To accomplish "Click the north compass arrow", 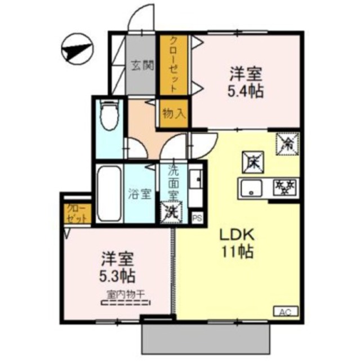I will coord(76,50).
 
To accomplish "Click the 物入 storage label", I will coord(174,113).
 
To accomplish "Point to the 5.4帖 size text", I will coord(246,91).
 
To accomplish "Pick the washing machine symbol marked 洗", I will coord(171,212).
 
